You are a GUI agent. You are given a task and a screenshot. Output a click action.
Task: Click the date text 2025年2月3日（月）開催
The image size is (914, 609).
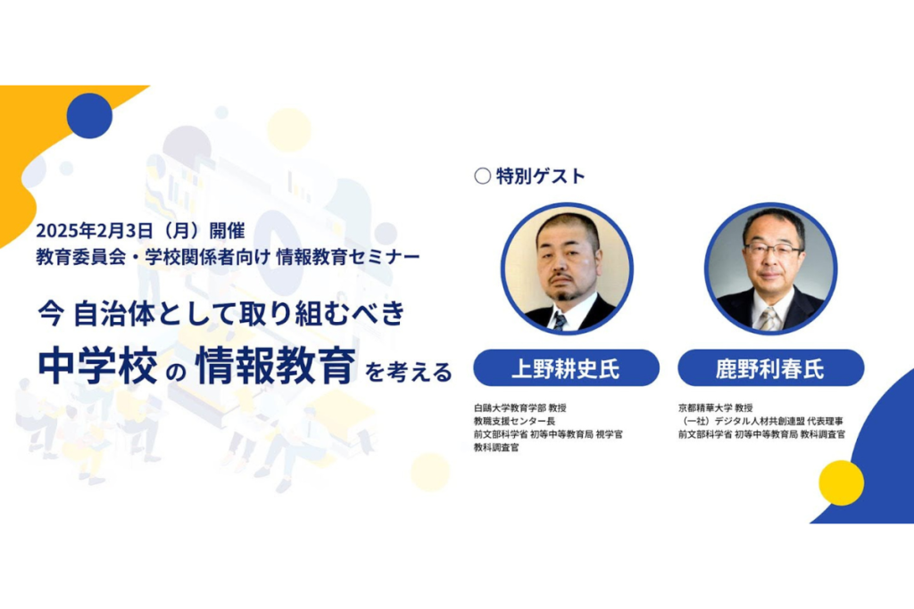pyautogui.click(x=140, y=231)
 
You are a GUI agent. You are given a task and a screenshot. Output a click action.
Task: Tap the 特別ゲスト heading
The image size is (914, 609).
pyautogui.click(x=540, y=176)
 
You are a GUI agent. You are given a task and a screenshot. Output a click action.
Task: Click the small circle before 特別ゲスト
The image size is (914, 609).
pyautogui.click(x=482, y=176)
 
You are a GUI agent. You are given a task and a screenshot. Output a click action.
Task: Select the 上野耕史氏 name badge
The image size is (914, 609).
pyautogui.click(x=566, y=368)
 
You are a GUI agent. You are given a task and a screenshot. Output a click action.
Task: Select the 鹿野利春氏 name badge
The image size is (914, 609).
pyautogui.click(x=770, y=368)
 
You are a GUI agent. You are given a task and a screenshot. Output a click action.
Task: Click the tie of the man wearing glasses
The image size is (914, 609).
pyautogui.click(x=769, y=318)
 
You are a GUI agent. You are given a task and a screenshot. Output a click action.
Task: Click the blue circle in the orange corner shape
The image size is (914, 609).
pyautogui.click(x=89, y=116)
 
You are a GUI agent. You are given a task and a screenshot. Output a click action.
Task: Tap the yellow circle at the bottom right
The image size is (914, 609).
pyautogui.click(x=841, y=482)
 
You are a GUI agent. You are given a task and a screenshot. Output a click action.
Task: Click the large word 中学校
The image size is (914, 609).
pyautogui.click(x=97, y=366)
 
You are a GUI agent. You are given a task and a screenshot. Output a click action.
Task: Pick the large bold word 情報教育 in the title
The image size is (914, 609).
pyautogui.click(x=276, y=366)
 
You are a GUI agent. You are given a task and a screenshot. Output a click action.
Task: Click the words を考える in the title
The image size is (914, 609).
pyautogui.click(x=409, y=372)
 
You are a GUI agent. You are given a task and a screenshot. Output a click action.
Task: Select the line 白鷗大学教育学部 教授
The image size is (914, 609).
pyautogui.click(x=520, y=407)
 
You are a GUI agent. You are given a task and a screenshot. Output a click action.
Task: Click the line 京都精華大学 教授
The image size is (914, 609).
pyautogui.click(x=715, y=407)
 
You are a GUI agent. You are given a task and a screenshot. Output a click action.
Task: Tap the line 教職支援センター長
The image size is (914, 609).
pyautogui.click(x=514, y=421)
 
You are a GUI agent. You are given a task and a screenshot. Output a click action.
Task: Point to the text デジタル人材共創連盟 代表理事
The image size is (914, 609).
pyautogui.click(x=778, y=421)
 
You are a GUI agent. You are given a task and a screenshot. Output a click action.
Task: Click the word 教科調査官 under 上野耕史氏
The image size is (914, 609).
pyautogui.click(x=496, y=448)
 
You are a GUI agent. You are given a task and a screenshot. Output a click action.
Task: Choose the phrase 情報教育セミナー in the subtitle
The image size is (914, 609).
pyautogui.click(x=348, y=257)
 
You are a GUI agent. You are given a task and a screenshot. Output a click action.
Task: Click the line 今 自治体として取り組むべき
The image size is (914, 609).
pyautogui.click(x=221, y=313)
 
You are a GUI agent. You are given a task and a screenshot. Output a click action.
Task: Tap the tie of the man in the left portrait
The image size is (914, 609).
pyautogui.click(x=560, y=321)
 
